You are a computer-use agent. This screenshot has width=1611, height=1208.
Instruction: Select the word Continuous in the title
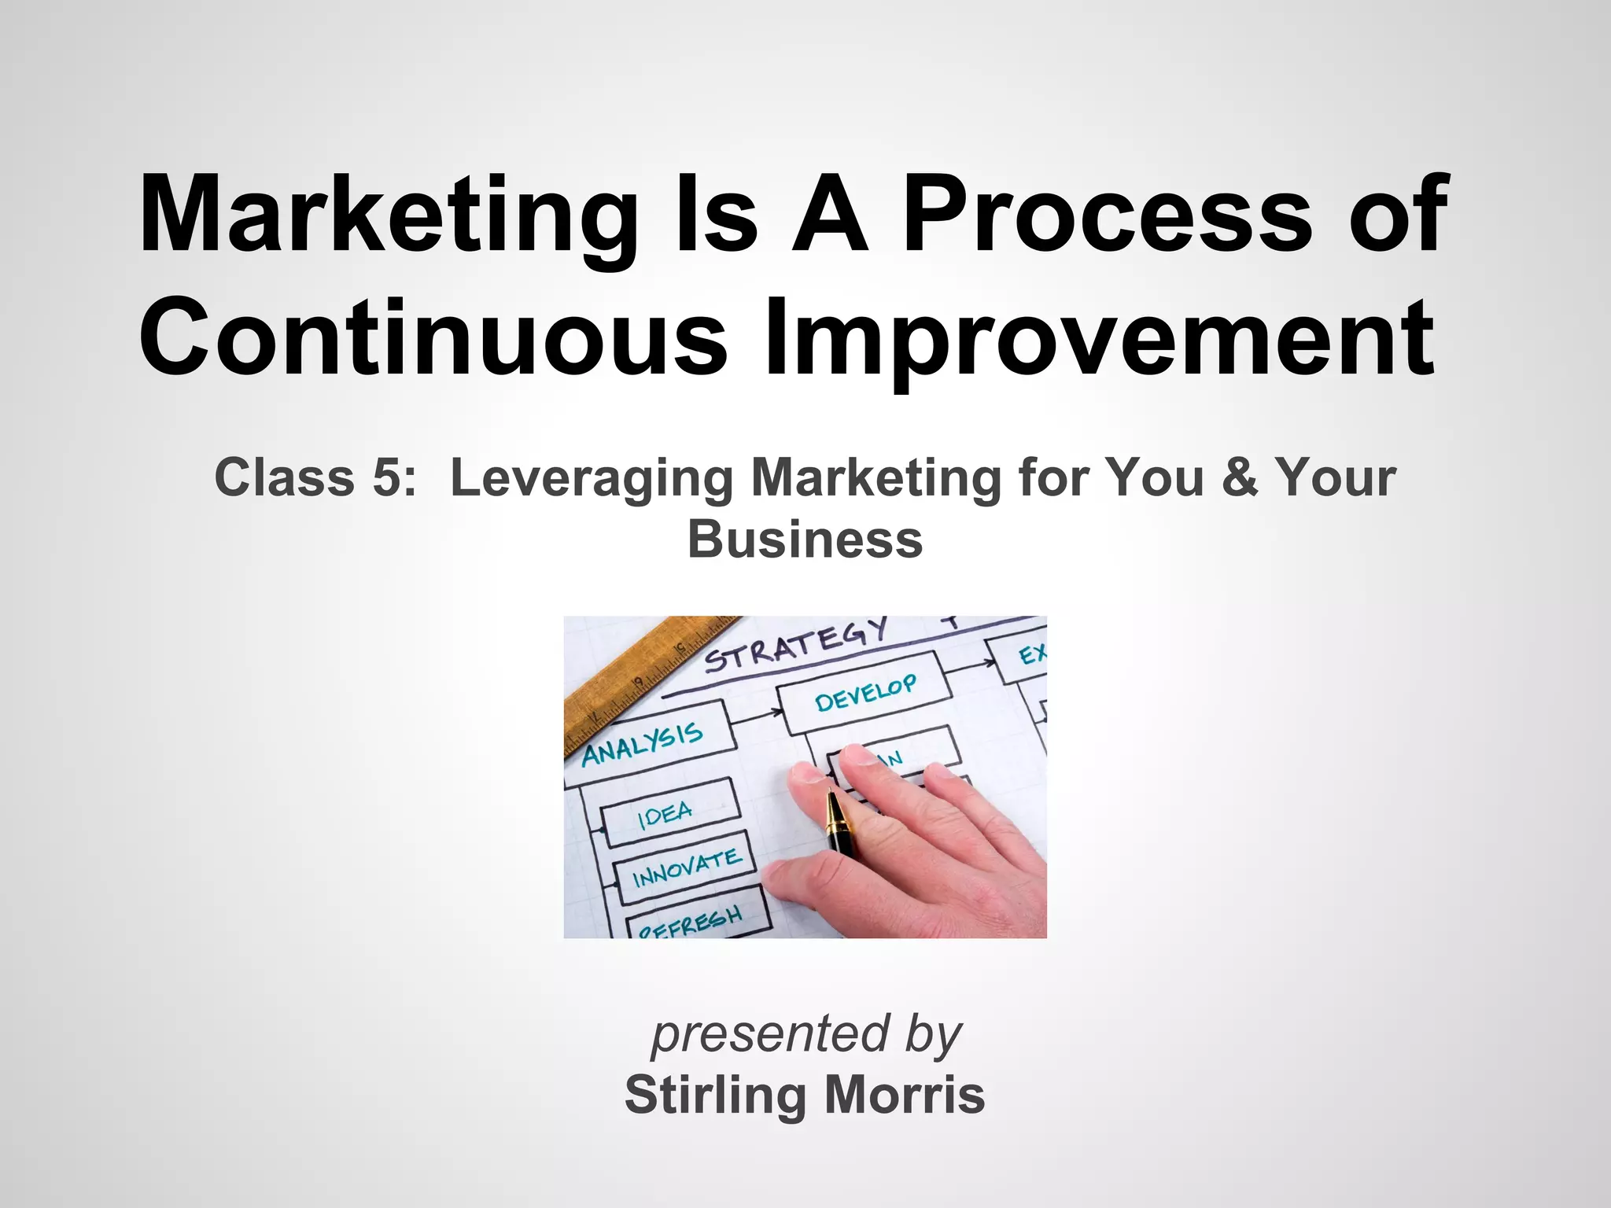[433, 338]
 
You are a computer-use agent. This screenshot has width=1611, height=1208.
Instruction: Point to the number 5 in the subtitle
[388, 477]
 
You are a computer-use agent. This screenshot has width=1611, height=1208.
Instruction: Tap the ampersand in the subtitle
[1239, 477]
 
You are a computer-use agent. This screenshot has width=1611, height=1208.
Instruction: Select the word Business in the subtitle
[805, 540]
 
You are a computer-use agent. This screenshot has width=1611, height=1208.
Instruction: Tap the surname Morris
[904, 1095]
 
